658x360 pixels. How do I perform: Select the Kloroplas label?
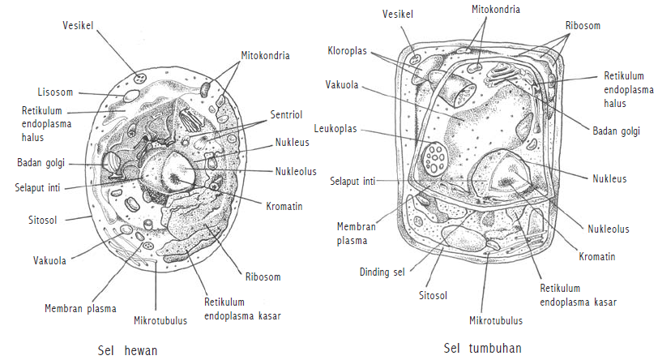pos(348,51)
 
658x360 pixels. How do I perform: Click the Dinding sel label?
pos(380,272)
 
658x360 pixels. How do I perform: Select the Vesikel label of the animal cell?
pos(79,25)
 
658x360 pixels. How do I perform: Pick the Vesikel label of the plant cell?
pos(399,13)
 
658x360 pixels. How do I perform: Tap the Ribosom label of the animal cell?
pos(263,277)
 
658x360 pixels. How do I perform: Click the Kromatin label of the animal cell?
pos(284,207)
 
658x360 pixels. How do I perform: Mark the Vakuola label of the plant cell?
pos(343,84)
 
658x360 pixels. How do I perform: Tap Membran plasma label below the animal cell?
pos(80,308)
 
